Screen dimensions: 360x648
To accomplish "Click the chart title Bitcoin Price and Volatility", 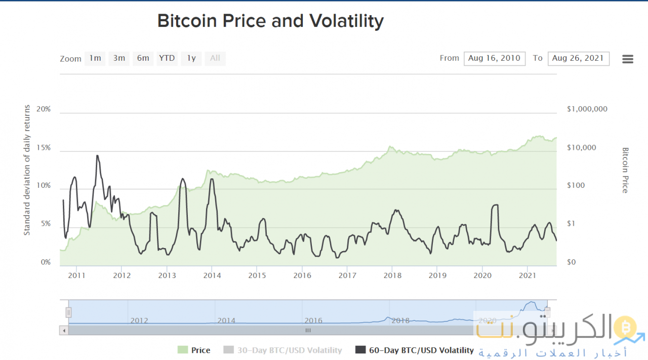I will pos(270,21).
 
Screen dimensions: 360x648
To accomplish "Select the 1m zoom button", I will pos(95,58).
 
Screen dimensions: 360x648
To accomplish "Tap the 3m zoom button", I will pos(119,58).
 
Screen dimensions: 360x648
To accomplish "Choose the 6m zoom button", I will pos(143,58).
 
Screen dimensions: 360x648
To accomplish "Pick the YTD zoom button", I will pos(167,58).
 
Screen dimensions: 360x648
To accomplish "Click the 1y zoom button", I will pos(191,58).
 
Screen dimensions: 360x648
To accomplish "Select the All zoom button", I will pos(215,58).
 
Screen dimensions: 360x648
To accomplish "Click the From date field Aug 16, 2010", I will pos(494,58).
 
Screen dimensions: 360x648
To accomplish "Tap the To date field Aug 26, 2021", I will pos(578,58).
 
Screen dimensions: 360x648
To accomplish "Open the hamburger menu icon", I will pos(628,59).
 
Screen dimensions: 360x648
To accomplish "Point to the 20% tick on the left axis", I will pos(44,109).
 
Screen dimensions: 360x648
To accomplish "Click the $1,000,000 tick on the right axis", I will pos(587,109).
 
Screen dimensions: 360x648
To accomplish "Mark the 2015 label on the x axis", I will pos(257,275).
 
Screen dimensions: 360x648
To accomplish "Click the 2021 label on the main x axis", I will pos(528,275).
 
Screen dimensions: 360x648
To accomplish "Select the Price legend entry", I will pos(194,350).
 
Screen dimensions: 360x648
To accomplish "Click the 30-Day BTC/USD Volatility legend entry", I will pos(282,350).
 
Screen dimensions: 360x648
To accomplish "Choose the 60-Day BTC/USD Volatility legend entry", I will pos(415,350).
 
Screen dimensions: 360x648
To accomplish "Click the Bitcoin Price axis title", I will pos(625,170).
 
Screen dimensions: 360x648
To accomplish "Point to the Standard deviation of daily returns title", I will pos(27,170).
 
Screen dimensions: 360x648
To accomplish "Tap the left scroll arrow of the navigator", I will pos(64,330).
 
